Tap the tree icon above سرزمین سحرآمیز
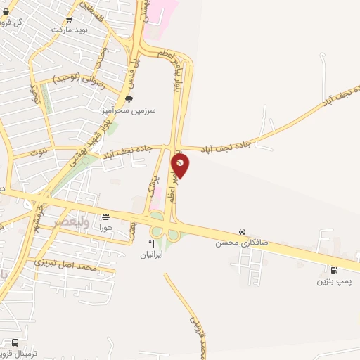click(128, 100)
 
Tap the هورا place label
click(105, 228)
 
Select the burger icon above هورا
click(105, 217)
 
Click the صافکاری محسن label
click(241, 242)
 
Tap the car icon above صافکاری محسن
click(242, 231)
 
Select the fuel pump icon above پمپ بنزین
click(333, 269)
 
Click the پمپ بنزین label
click(332, 281)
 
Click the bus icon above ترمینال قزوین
click(15, 342)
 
